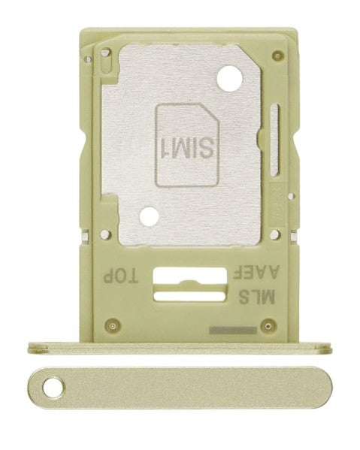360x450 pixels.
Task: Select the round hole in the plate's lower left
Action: [x=150, y=215]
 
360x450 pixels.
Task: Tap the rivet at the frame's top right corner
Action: [x=279, y=54]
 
